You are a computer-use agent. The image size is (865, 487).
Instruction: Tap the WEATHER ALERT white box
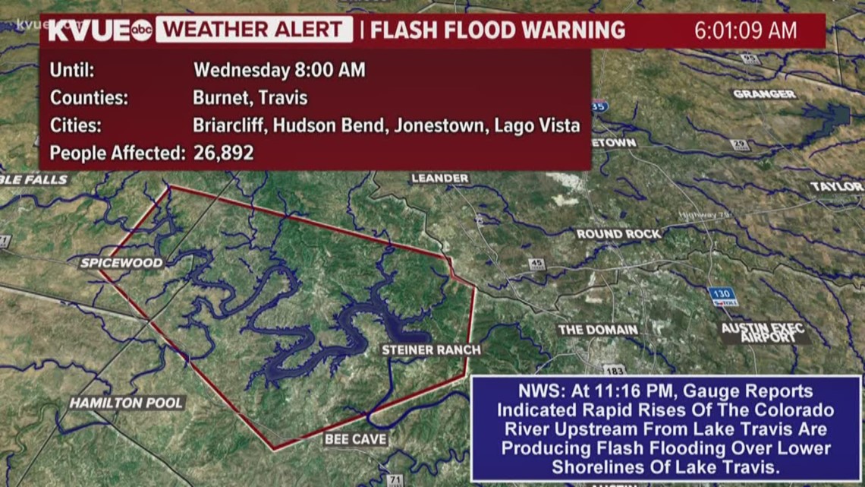[x=255, y=30]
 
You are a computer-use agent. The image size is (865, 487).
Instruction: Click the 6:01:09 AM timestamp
[x=746, y=30]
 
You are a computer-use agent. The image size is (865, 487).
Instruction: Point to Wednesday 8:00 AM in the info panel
[x=279, y=71]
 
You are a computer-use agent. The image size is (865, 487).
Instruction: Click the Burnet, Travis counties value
[x=250, y=98]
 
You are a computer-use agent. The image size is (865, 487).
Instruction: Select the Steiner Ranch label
[x=431, y=349]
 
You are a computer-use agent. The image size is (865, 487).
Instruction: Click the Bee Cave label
[x=356, y=438]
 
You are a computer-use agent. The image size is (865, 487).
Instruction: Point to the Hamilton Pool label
[x=127, y=403]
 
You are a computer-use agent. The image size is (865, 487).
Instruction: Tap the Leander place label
[x=439, y=179]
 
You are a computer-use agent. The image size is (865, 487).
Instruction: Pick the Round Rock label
[x=618, y=234]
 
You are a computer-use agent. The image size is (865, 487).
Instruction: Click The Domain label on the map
[x=598, y=330]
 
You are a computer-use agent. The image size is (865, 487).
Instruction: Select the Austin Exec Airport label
[x=763, y=333]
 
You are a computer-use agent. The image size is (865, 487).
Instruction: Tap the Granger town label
[x=763, y=94]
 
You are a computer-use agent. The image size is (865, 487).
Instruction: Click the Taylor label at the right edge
[x=835, y=186]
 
